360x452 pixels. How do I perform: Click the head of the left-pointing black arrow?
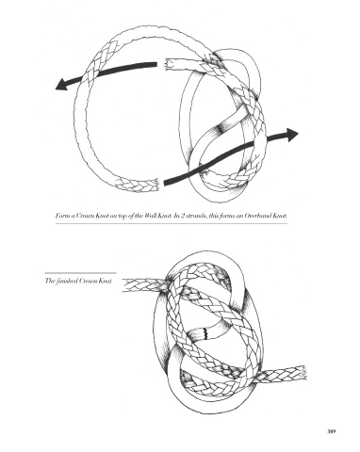61,84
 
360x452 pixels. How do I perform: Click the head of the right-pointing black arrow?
292,135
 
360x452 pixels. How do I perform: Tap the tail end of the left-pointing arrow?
156,65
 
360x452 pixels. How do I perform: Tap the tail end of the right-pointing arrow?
165,182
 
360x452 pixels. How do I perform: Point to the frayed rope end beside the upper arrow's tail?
168,64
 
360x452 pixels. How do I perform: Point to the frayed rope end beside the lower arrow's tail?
155,185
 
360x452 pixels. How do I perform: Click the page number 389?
332,431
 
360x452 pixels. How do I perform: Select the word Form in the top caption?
60,216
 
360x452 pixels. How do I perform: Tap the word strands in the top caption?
195,216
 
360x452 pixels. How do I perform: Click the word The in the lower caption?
50,281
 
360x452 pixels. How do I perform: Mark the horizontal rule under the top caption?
172,223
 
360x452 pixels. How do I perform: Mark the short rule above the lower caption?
80,273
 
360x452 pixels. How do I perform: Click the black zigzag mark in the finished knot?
205,333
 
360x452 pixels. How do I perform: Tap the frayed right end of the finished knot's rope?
303,373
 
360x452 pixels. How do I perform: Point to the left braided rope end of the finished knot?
125,285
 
